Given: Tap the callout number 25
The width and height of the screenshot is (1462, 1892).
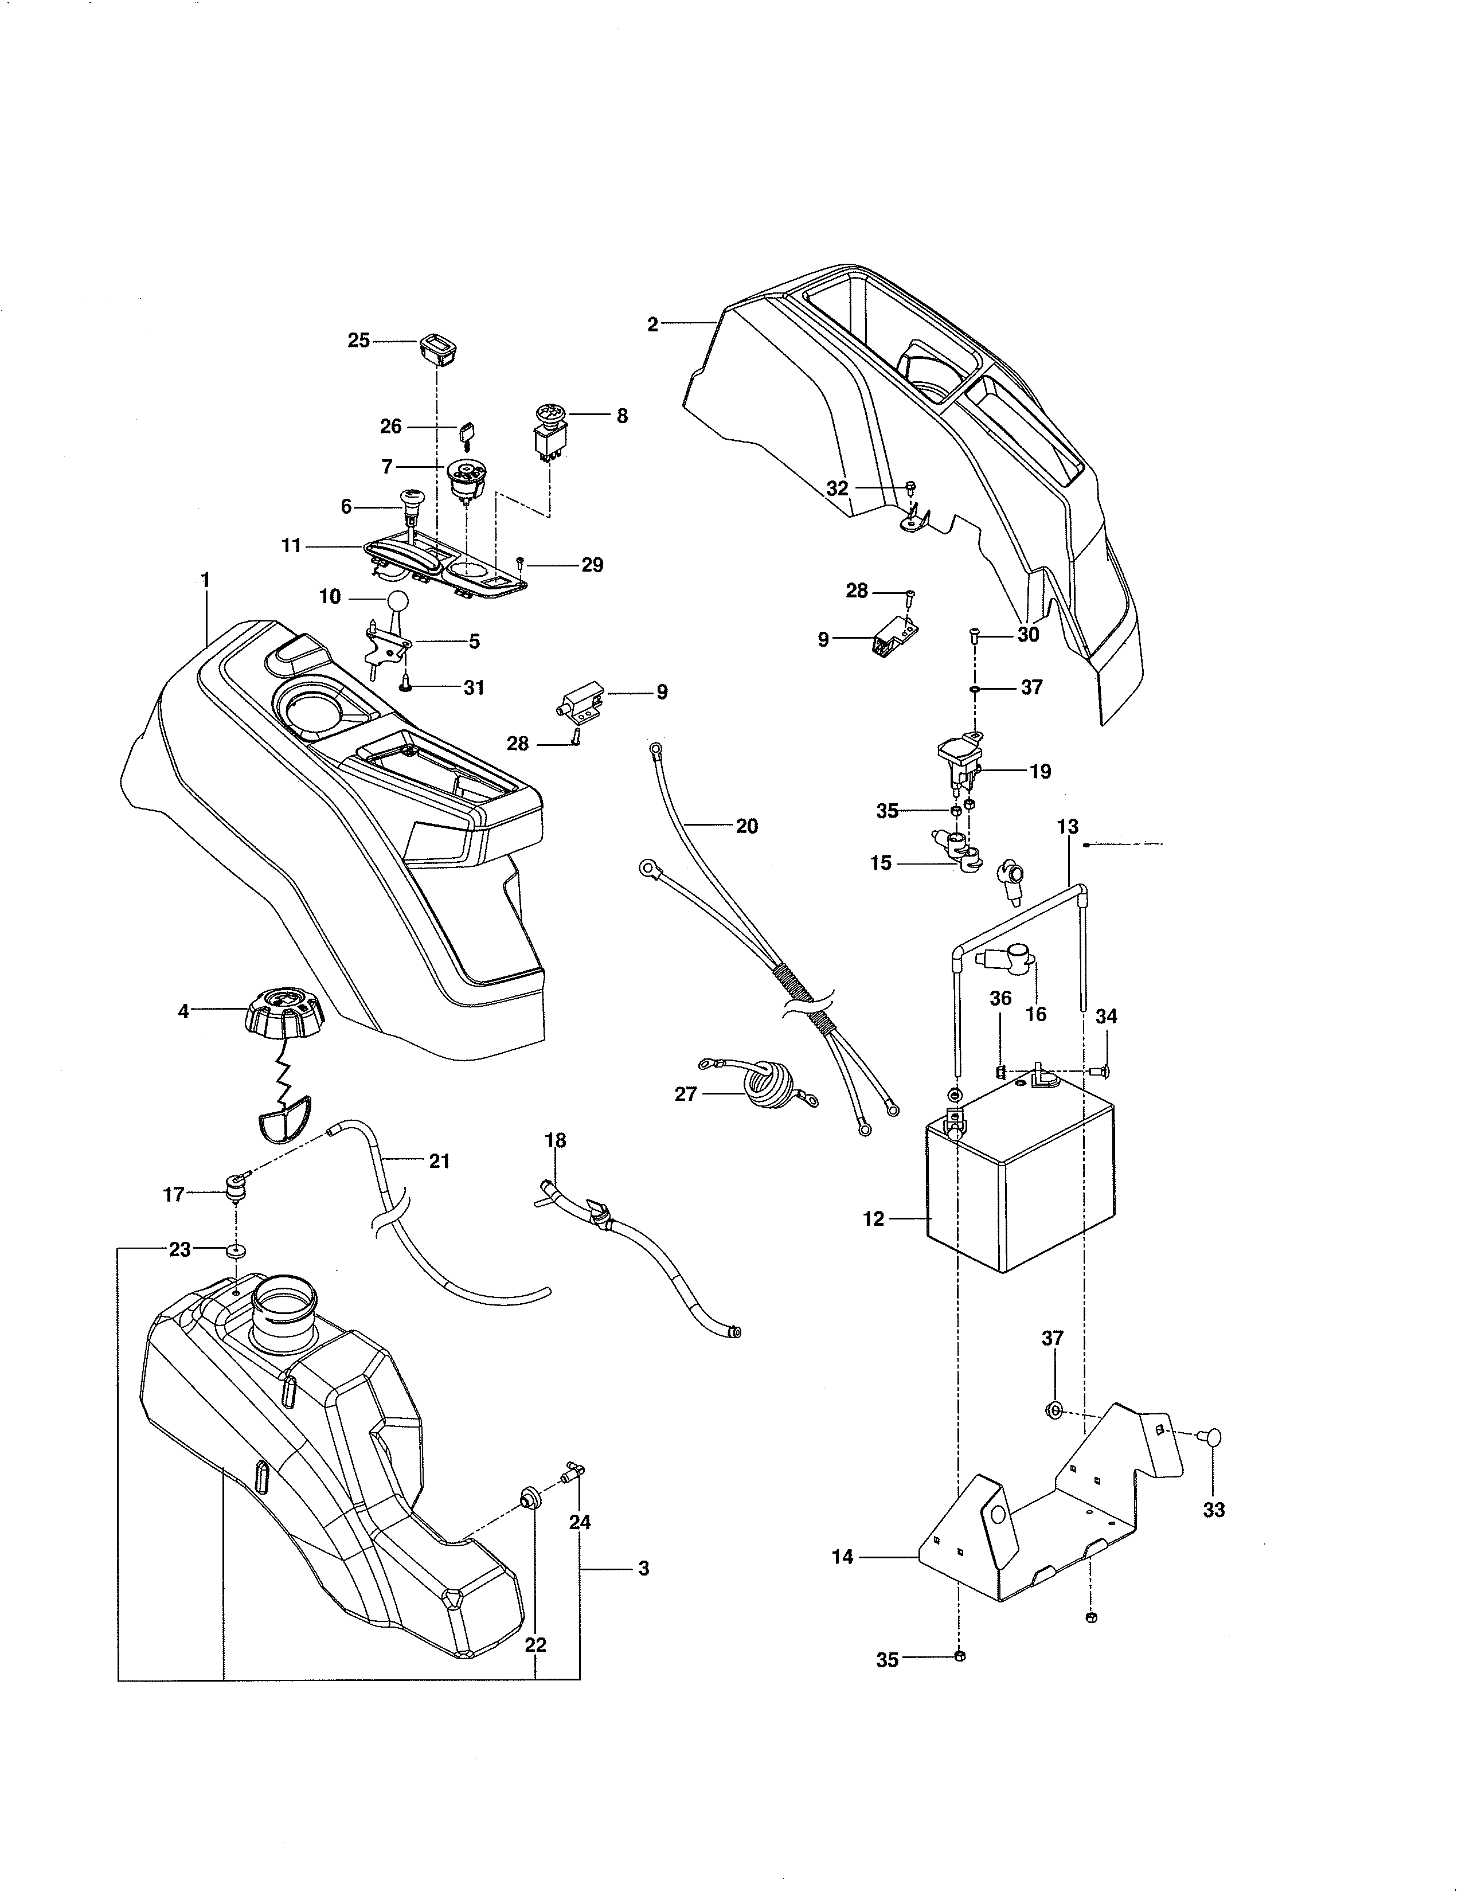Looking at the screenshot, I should (358, 341).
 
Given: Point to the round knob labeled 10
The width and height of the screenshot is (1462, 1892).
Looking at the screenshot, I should (397, 602).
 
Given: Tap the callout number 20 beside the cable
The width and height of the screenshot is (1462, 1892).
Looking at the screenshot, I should (746, 826).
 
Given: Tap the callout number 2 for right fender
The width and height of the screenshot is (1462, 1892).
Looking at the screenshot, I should (652, 325).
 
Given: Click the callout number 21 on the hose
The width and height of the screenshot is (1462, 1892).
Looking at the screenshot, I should (439, 1161).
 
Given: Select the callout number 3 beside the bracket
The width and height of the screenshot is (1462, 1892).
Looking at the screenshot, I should (643, 1568).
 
